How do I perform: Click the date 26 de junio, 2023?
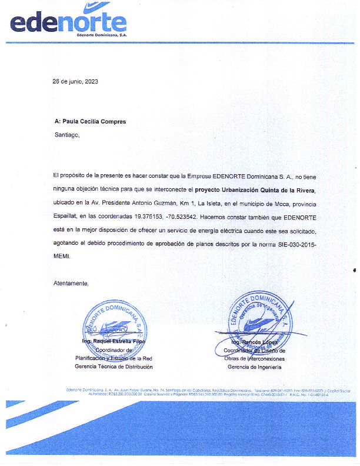pos(75,82)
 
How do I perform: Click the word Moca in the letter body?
pos(255,202)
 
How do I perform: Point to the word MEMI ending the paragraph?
pos(61,257)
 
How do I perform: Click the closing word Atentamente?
pos(71,283)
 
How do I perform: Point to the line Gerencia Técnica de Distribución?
pos(114,367)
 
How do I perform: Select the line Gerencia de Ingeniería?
pos(254,367)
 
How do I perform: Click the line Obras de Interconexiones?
pos(254,358)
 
